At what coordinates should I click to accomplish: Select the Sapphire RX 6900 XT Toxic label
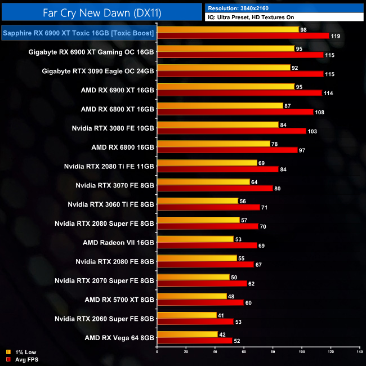(x=78, y=34)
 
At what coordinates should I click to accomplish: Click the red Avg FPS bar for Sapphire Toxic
(x=243, y=36)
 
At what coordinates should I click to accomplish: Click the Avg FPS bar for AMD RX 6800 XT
(x=235, y=112)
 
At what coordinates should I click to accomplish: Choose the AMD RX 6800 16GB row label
(x=123, y=148)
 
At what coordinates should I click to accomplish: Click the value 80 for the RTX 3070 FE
(x=278, y=189)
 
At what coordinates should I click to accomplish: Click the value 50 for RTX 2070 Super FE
(x=234, y=277)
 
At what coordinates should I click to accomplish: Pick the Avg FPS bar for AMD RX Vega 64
(x=194, y=341)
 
